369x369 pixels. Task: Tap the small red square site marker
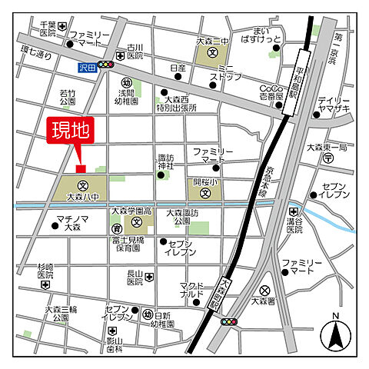[80, 169]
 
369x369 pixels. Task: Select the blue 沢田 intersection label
[88, 67]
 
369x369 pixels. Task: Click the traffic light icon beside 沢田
[106, 67]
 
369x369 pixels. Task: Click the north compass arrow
[335, 333]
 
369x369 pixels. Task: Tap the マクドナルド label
[193, 289]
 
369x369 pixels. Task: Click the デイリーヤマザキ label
[334, 106]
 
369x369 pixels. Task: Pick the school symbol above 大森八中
[80, 185]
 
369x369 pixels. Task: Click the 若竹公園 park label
[67, 98]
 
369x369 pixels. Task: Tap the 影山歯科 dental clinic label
[115, 344]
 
